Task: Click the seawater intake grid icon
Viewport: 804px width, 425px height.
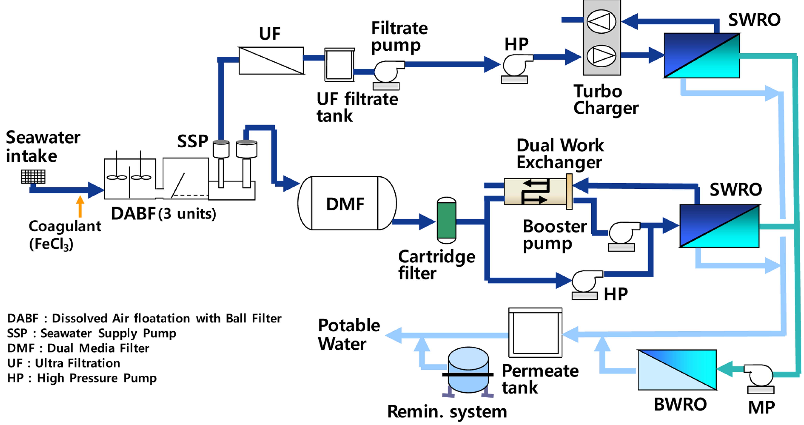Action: point(33,177)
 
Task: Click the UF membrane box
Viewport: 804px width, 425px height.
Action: point(271,60)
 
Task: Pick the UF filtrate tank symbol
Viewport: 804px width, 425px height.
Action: point(339,65)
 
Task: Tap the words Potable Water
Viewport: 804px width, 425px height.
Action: point(349,334)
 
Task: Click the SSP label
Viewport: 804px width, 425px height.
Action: point(193,141)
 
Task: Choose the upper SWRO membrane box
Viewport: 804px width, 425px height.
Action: point(701,55)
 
